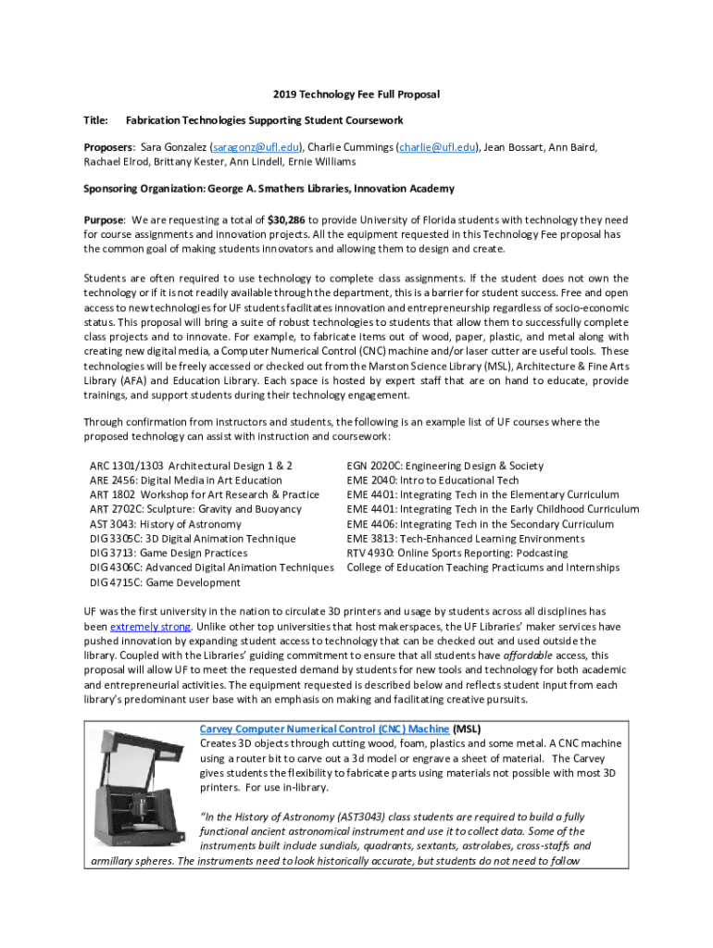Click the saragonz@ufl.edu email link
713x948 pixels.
click(256, 146)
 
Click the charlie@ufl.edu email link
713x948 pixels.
click(438, 146)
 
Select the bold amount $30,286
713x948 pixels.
click(287, 220)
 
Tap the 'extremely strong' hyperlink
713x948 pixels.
click(150, 626)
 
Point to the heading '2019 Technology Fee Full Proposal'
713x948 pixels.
click(356, 94)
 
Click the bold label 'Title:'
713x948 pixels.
click(95, 120)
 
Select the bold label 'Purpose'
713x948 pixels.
click(104, 220)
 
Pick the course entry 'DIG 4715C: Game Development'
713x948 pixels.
click(164, 582)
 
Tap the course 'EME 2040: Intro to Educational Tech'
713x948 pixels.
click(432, 480)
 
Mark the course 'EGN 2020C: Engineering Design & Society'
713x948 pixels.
click(444, 466)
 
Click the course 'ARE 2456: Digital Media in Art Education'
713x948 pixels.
click(185, 480)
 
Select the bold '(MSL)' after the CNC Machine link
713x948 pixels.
click(468, 729)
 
